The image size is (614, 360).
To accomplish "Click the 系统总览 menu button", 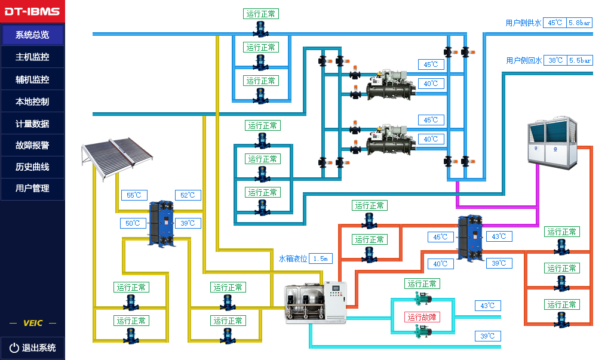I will coord(32,35).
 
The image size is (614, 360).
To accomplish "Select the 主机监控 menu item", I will coord(32,57).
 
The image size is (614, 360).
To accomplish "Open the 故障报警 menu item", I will coord(32,145).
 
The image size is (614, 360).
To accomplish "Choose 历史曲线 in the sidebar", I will coord(32,167).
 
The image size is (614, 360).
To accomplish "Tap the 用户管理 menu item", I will coord(32,188).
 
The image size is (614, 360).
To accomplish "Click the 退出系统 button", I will coord(32,347).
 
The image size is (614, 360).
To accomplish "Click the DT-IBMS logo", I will coord(32,11).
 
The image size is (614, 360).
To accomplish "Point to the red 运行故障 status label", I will coord(422,317).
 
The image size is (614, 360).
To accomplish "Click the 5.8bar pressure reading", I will coord(579,23).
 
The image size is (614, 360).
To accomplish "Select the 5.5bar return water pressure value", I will coord(579,60).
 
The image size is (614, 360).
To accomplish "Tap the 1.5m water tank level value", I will coord(321,259).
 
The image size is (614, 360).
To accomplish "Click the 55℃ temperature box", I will coord(134,195).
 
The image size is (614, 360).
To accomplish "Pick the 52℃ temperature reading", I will coord(188,195).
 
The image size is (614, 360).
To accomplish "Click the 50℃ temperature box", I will coord(133,223).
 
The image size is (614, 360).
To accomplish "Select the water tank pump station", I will coord(315,301).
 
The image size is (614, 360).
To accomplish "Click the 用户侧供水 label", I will coord(523,23).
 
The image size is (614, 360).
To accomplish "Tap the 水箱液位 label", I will coord(293,259).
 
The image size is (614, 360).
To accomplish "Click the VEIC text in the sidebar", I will coord(32,323).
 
